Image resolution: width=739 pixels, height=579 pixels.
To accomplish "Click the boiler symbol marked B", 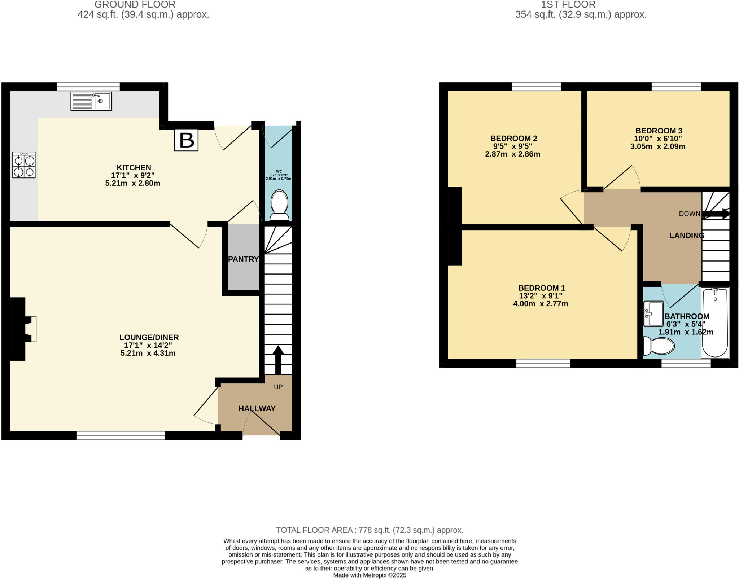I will click(x=186, y=140).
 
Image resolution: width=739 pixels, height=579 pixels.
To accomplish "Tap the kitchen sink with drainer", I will click(x=91, y=101).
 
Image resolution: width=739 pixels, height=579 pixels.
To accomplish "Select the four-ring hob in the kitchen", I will click(x=24, y=165).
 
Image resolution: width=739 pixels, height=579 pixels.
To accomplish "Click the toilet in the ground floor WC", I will click(x=279, y=205).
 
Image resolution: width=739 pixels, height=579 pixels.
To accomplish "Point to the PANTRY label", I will click(x=243, y=259).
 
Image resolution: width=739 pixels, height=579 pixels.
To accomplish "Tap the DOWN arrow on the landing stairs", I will click(x=716, y=214).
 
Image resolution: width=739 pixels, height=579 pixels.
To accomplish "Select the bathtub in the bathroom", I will click(x=715, y=322).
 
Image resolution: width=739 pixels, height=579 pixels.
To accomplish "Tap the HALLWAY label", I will click(x=257, y=408).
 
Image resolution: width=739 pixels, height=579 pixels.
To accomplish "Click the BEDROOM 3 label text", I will click(x=659, y=131).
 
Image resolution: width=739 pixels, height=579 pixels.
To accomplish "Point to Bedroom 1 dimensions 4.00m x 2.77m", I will click(x=541, y=304).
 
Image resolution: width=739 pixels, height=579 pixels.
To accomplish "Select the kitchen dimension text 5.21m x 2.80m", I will click(x=133, y=183).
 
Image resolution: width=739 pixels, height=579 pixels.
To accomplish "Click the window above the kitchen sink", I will click(x=88, y=87).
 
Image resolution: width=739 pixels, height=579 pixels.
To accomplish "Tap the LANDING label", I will click(x=687, y=236).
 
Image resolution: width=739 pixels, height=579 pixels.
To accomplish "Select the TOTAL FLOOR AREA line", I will click(x=369, y=530).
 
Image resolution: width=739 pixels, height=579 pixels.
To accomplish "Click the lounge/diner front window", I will click(x=121, y=436).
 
